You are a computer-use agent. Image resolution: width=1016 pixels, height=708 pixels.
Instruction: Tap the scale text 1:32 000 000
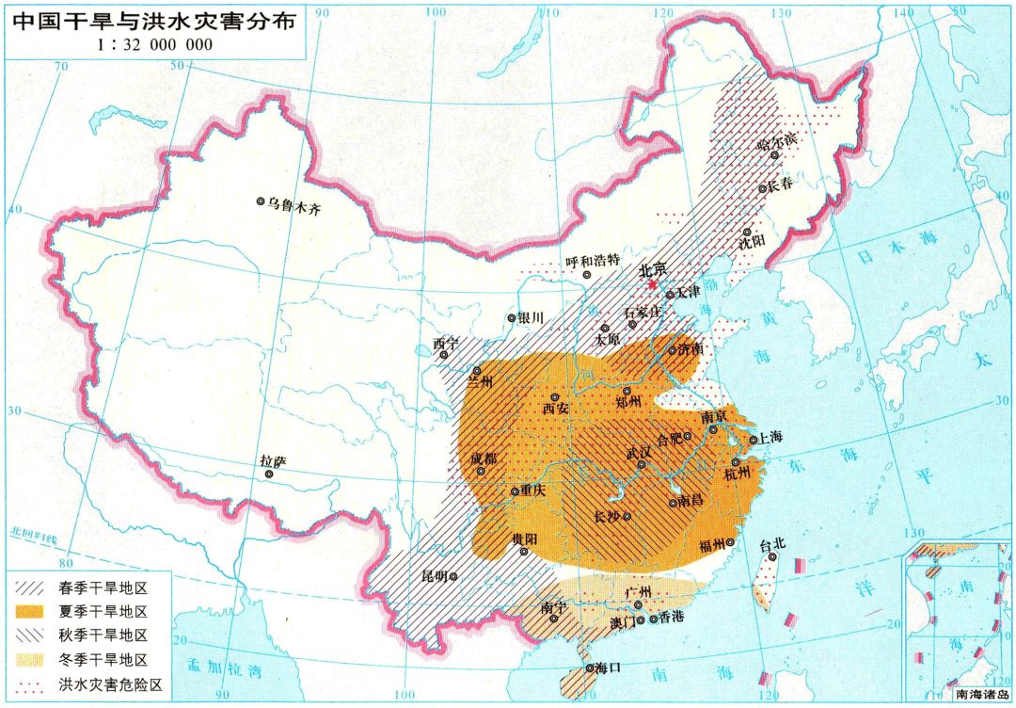coord(155,44)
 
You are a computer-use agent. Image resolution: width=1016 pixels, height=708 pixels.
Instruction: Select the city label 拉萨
coord(273,461)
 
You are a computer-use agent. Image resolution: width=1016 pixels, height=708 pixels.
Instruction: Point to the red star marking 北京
coord(654,282)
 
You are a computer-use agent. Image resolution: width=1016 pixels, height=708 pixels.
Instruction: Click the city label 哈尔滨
coord(776,141)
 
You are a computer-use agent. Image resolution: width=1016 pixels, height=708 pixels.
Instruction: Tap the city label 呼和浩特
coord(593,261)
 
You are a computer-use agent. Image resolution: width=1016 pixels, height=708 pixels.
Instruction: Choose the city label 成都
coord(484,459)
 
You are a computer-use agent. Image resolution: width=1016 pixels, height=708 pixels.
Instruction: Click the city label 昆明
coord(435,575)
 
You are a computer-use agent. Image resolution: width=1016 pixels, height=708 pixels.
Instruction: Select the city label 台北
coord(772,543)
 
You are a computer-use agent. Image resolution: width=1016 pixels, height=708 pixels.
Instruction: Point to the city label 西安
coord(556,410)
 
